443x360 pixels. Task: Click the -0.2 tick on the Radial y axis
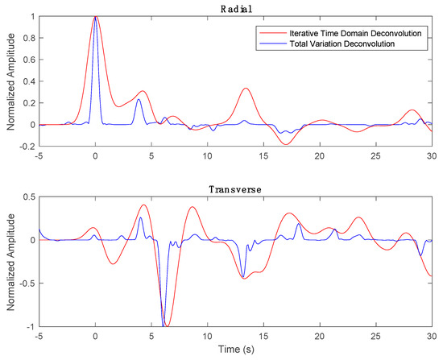pos(27,147)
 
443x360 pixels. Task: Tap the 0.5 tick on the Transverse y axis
pos(28,197)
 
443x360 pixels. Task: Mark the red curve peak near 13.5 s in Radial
pos(246,89)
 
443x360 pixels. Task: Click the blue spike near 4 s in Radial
pos(139,99)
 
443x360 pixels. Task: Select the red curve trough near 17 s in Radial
pos(286,144)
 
